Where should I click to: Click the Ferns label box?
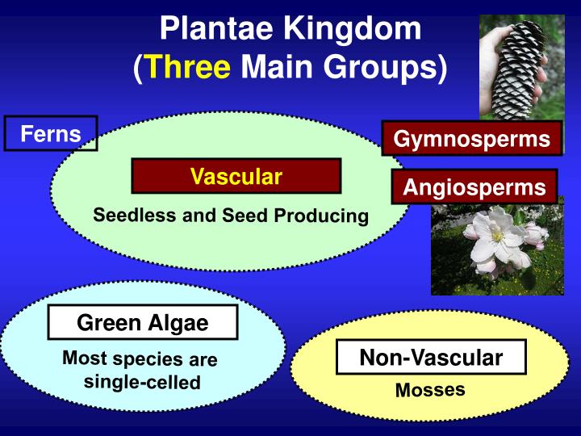click(51, 134)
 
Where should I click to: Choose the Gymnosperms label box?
click(471, 139)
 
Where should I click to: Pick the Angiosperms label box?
click(474, 187)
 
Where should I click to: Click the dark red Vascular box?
click(236, 176)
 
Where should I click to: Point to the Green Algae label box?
click(143, 324)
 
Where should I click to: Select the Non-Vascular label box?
click(431, 357)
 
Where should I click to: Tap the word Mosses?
click(430, 390)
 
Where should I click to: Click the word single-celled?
click(142, 381)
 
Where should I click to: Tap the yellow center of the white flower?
click(497, 237)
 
